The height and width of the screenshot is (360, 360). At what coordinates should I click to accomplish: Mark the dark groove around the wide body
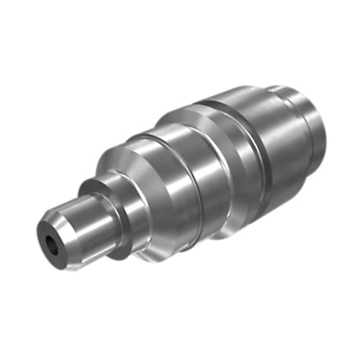(x=255, y=146)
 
